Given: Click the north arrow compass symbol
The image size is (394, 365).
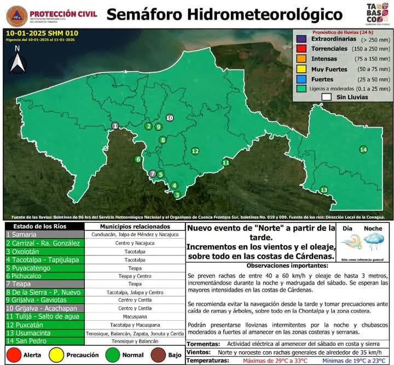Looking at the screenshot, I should (18, 61).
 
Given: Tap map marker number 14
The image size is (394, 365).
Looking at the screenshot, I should (363, 149).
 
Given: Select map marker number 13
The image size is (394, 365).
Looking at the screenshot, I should (324, 190).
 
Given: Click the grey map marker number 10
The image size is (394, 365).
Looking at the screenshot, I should (170, 118).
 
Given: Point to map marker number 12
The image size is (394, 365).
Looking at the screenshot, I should (195, 151).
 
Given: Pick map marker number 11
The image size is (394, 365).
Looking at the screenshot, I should (225, 163).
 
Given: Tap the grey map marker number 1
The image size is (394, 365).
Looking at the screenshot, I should (115, 126).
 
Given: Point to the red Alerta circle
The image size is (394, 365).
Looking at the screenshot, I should (13, 355).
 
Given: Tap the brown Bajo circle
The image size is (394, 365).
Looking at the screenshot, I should (159, 355).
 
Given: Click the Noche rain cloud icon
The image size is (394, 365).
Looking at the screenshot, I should (374, 241).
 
